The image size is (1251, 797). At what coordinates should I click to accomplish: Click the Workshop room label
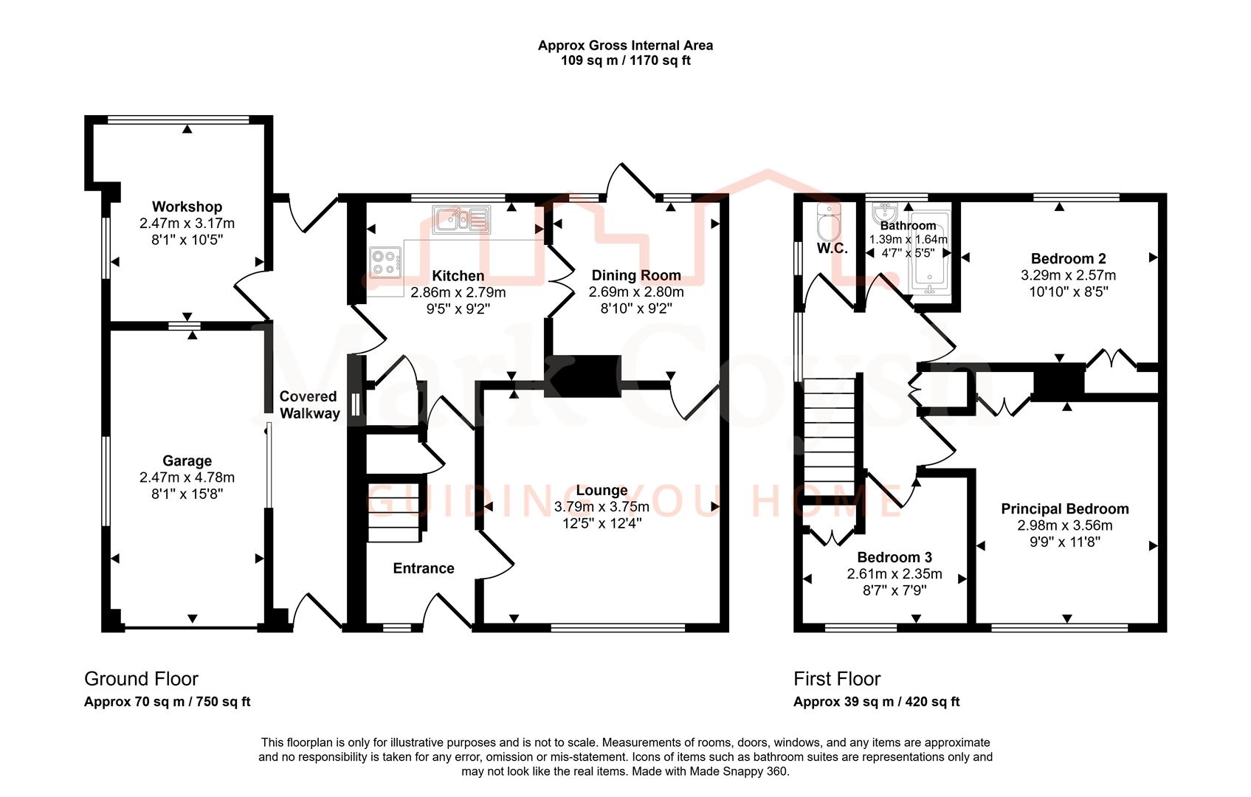[x=187, y=207]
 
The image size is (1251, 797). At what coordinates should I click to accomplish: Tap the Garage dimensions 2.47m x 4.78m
[x=187, y=477]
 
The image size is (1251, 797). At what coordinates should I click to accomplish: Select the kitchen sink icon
[x=461, y=219]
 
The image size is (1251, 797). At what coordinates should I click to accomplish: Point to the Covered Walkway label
[x=309, y=405]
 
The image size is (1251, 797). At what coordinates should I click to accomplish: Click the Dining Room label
[x=635, y=275]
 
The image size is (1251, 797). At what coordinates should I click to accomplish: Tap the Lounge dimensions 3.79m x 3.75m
[x=602, y=507]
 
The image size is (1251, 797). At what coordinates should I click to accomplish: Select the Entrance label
[x=423, y=568]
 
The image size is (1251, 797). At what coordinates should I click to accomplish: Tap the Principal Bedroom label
[x=1064, y=508]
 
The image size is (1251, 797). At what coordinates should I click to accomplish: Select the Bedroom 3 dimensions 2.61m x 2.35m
[x=894, y=574]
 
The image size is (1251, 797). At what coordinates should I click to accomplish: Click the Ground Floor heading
[x=141, y=679]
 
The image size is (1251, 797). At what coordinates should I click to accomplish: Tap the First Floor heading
[x=837, y=679]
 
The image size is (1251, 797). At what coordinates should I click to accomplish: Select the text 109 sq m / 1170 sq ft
[x=625, y=61]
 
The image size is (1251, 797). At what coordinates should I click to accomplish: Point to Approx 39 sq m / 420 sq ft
[x=876, y=702]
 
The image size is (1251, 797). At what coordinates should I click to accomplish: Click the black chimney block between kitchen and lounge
[x=582, y=376]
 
